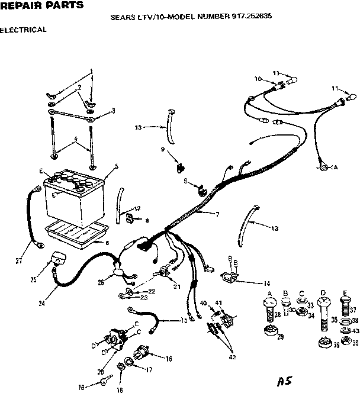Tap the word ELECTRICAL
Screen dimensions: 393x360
point(24,29)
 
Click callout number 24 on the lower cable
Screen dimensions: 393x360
point(41,304)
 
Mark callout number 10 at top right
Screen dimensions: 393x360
point(258,79)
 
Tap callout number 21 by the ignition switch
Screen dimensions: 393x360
point(176,287)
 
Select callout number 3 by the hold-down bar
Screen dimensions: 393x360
point(113,110)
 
